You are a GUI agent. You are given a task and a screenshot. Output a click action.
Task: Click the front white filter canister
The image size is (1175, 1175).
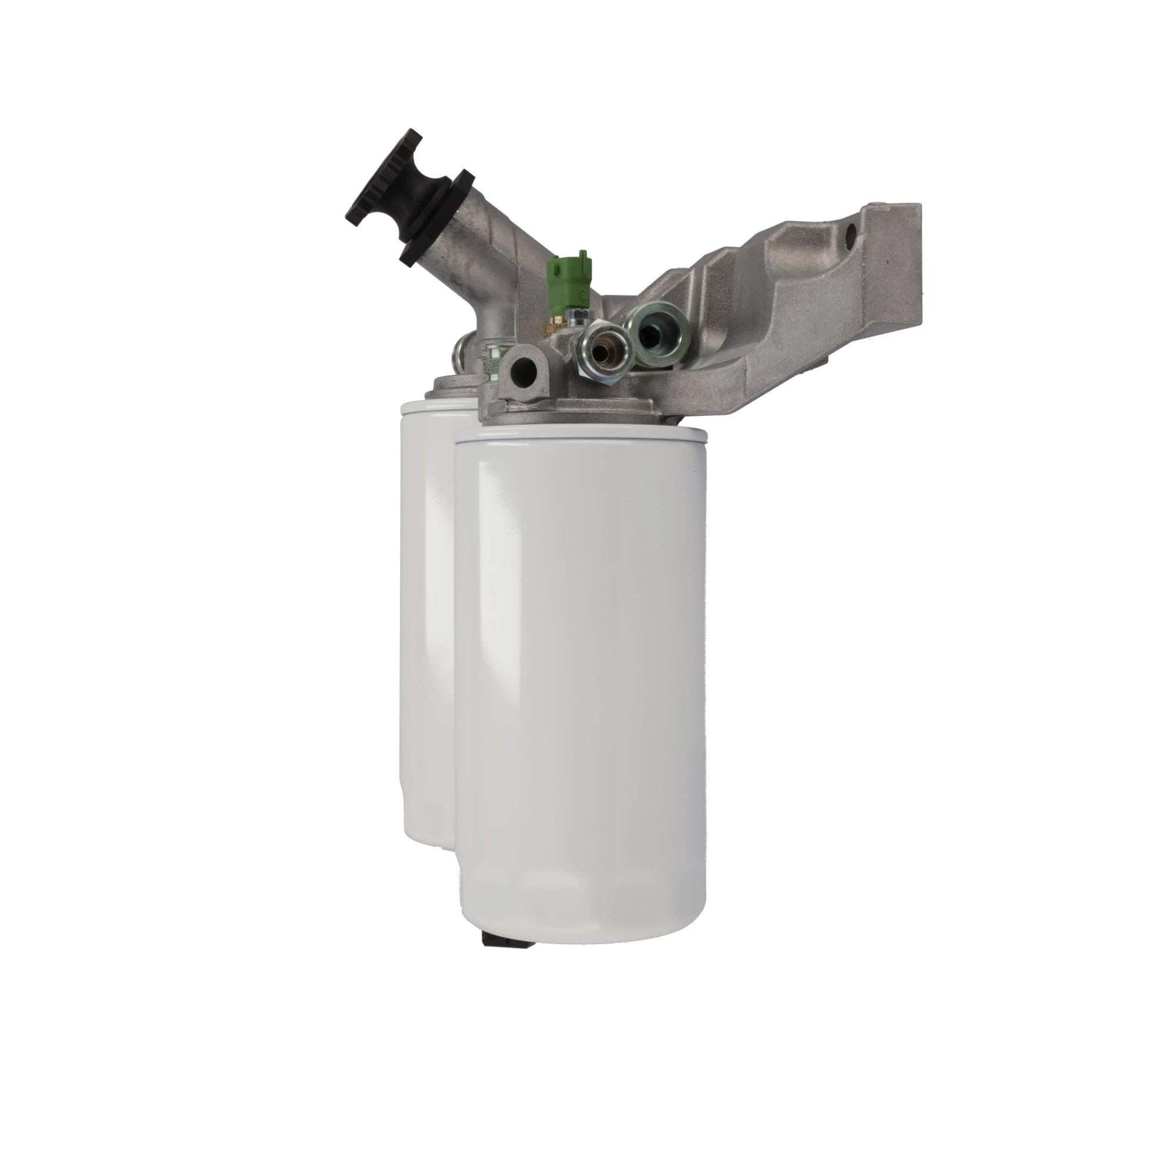tap(582, 669)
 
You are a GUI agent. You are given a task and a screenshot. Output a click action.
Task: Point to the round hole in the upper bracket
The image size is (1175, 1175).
tap(850, 231)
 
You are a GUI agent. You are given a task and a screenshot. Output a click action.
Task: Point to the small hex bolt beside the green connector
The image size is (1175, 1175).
tap(575, 315)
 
